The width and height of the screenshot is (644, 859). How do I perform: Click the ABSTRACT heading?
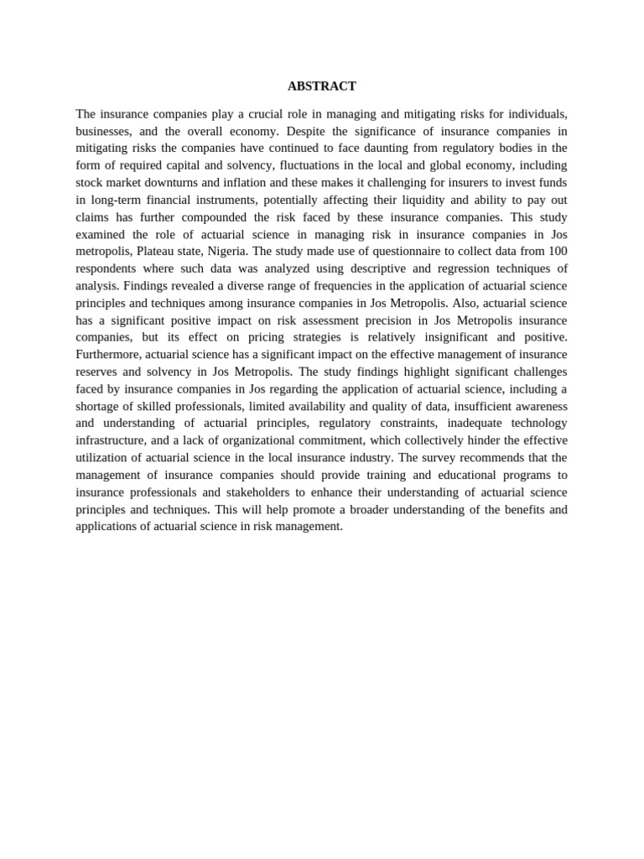[321, 86]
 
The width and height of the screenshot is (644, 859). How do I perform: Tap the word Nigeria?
[226, 252]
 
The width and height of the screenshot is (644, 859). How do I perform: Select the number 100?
[557, 252]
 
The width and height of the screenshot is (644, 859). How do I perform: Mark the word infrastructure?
[111, 440]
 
